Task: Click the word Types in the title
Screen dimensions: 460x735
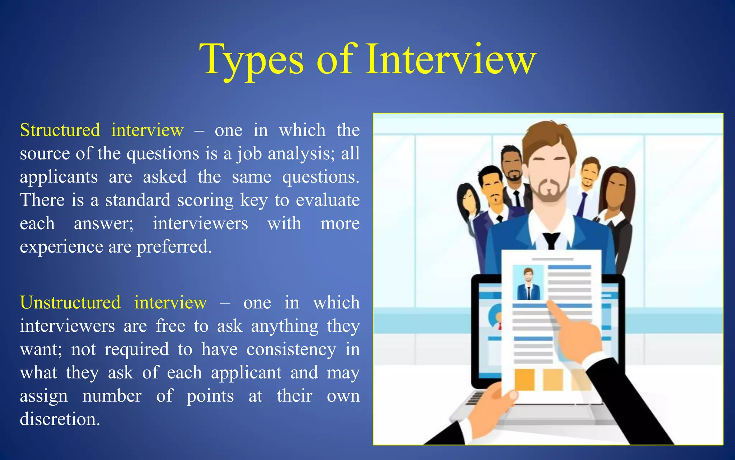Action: pos(252,59)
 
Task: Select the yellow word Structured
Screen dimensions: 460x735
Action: pos(60,130)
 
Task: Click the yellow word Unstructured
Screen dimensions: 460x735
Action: pos(70,302)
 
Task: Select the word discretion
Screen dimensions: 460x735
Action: pos(60,419)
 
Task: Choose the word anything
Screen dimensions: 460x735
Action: pos(285,326)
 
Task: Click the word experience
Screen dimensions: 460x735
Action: pos(61,247)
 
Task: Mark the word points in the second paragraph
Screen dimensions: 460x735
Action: pos(210,396)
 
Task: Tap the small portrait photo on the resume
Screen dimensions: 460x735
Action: pos(528,284)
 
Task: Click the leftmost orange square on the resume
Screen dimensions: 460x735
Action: pos(524,379)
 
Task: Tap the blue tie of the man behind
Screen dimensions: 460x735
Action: pos(582,204)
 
